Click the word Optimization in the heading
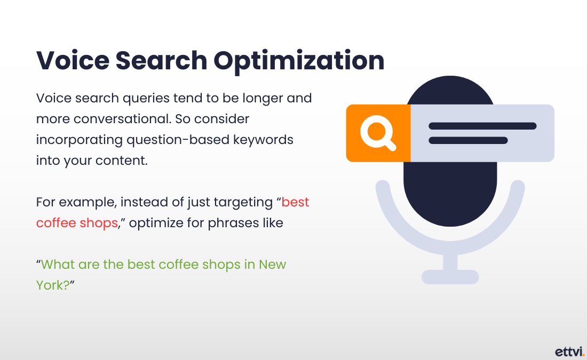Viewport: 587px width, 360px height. [299, 61]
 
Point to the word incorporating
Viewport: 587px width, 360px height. [80, 140]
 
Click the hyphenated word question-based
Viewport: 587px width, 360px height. [178, 140]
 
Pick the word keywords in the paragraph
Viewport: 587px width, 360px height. [263, 140]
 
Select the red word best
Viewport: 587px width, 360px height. [295, 202]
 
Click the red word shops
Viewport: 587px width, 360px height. [99, 223]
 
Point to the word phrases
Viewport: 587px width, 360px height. [233, 223]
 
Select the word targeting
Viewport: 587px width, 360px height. [243, 203]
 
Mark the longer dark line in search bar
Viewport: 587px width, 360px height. [482, 126]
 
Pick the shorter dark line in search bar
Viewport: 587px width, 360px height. [468, 140]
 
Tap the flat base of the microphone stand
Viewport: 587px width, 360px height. [450, 277]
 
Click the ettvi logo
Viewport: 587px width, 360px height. [569, 352]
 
